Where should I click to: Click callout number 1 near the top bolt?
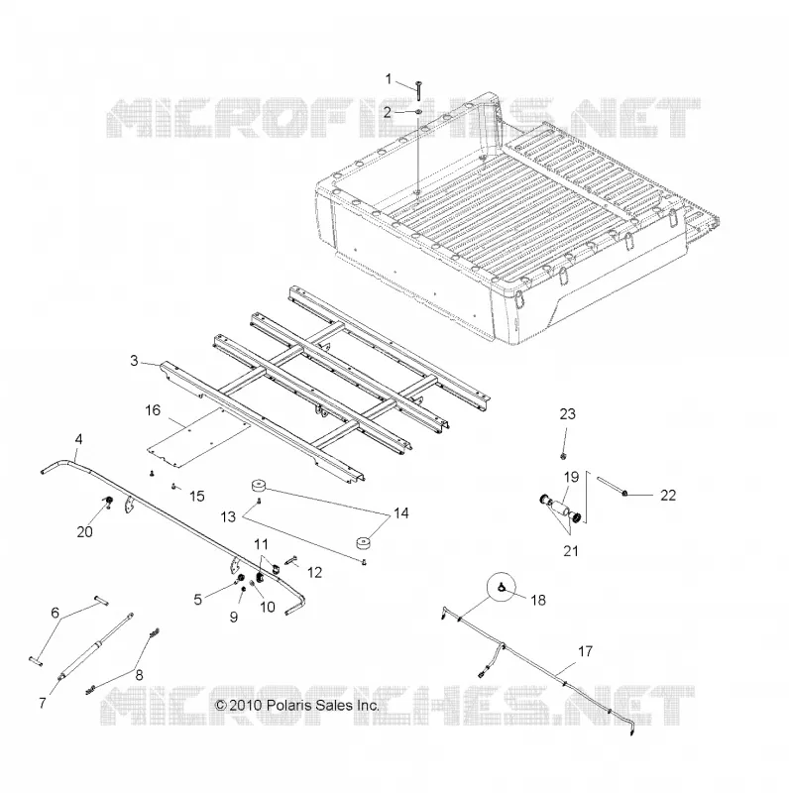click(x=389, y=79)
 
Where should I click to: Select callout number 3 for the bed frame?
click(x=134, y=361)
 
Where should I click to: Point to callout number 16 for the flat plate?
click(x=153, y=410)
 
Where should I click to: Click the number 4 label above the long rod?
click(x=78, y=439)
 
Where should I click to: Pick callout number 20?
click(x=85, y=532)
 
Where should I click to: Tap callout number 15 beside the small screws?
click(x=196, y=497)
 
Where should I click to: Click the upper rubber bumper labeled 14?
click(x=259, y=487)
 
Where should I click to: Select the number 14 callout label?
click(x=400, y=513)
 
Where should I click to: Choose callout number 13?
click(x=228, y=516)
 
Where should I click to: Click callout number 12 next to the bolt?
click(x=314, y=573)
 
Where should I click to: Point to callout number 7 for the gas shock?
click(x=43, y=703)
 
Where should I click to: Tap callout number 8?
click(x=139, y=675)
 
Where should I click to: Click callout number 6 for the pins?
click(x=56, y=613)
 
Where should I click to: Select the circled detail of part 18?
click(x=503, y=587)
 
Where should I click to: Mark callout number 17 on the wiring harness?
click(x=585, y=651)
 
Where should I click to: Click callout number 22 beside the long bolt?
click(x=668, y=495)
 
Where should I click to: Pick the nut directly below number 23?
click(x=563, y=457)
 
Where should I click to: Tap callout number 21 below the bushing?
click(x=571, y=551)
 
